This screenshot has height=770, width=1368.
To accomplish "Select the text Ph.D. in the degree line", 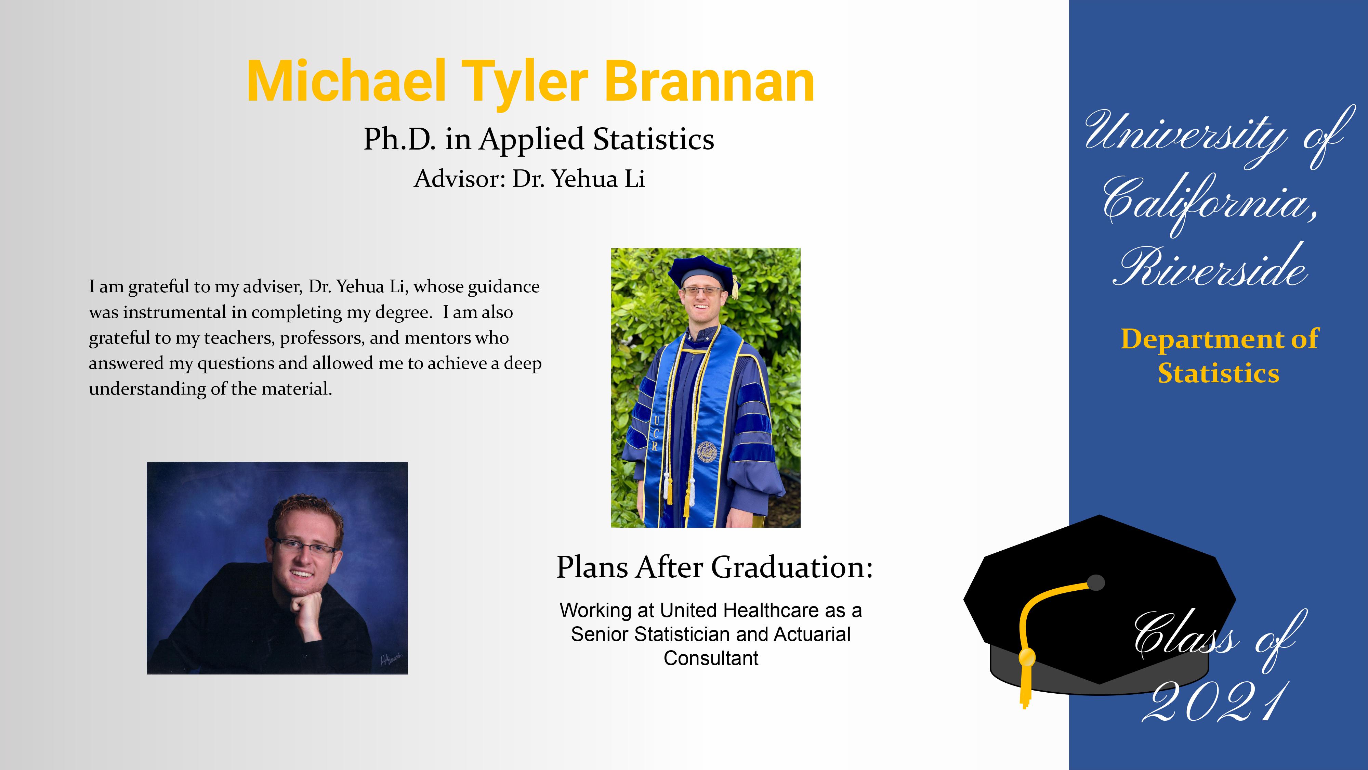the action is point(399,139).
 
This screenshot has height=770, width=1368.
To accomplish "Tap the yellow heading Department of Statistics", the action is point(1219,356).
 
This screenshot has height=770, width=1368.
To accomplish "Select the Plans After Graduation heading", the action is point(714,567).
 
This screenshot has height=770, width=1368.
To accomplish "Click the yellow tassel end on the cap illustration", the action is point(1026,685).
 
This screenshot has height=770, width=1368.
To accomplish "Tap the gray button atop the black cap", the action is point(1096,582).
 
